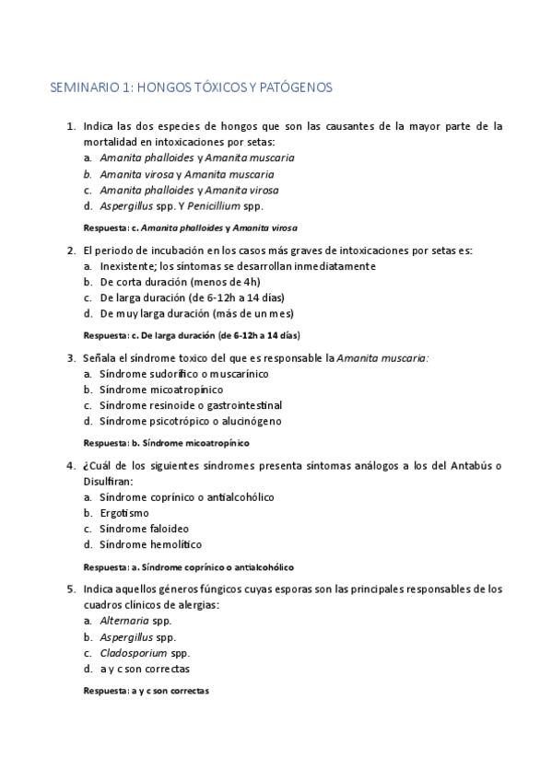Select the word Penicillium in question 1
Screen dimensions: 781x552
click(x=210, y=205)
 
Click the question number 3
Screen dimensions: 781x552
click(x=71, y=357)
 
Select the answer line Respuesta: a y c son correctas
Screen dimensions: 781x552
click(x=146, y=691)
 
